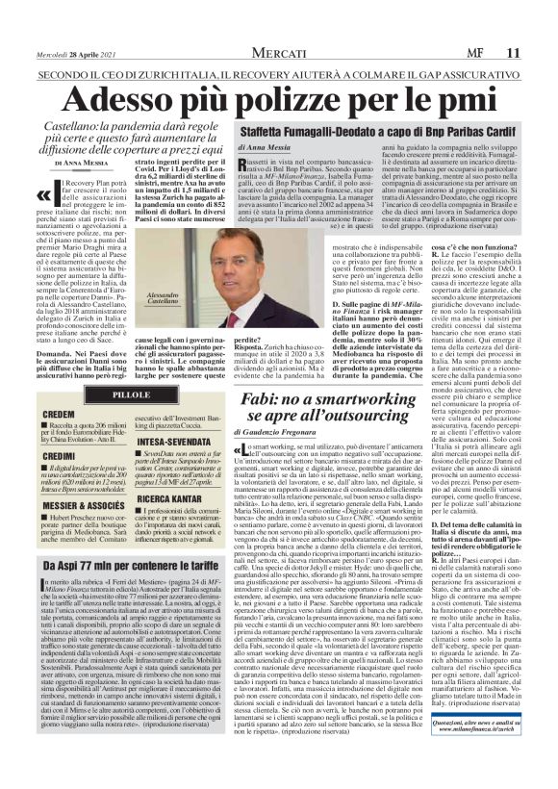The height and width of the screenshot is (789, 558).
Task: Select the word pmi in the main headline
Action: point(470,74)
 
